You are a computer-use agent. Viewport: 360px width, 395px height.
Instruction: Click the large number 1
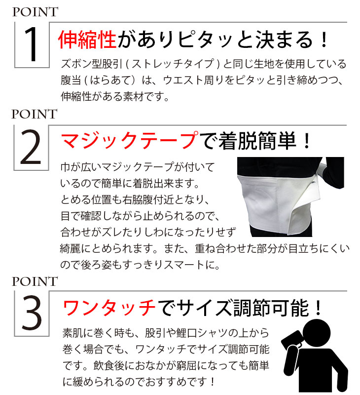coord(31,44)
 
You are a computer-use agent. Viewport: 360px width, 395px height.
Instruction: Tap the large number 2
coord(31,147)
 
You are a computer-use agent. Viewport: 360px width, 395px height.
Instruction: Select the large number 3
coord(32,313)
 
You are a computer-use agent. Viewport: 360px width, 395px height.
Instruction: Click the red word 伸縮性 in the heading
coord(87,39)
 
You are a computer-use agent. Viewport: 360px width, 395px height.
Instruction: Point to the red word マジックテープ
coord(129,141)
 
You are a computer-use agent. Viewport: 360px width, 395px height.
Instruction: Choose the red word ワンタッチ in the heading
coord(108,307)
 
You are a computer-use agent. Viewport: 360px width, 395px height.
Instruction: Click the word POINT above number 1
coord(35,12)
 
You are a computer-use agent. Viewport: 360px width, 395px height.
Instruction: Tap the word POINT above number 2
coord(35,114)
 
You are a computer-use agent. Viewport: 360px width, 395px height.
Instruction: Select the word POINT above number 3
coord(35,281)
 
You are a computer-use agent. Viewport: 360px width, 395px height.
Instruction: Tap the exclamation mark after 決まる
coord(324,40)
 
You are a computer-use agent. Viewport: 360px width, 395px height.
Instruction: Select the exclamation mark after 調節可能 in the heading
coord(318,308)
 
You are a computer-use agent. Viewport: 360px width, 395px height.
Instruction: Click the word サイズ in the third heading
coord(204,308)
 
